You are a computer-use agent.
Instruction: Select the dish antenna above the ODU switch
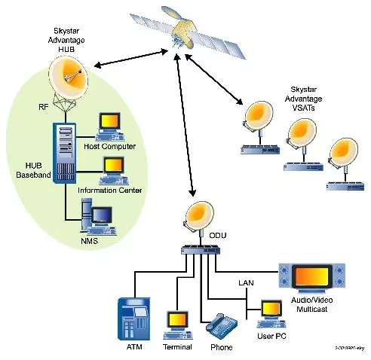pyautogui.click(x=200, y=218)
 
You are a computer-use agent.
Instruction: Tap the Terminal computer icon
pyautogui.click(x=176, y=322)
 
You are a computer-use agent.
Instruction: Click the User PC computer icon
pyautogui.click(x=270, y=312)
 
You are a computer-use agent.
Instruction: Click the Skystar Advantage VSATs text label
pyautogui.click(x=307, y=98)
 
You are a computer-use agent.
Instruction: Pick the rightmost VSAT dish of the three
pyautogui.click(x=342, y=154)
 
